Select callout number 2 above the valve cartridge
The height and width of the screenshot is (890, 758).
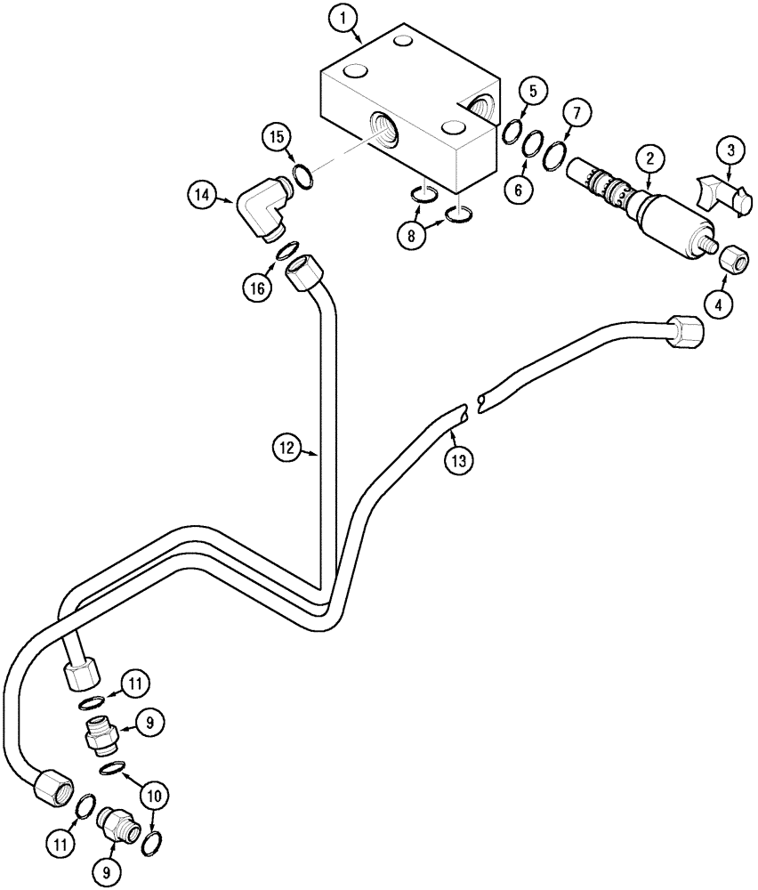(649, 158)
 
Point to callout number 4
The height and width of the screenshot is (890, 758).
(719, 304)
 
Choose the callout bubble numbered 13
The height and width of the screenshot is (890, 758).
(457, 460)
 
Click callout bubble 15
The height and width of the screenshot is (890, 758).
(277, 136)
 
